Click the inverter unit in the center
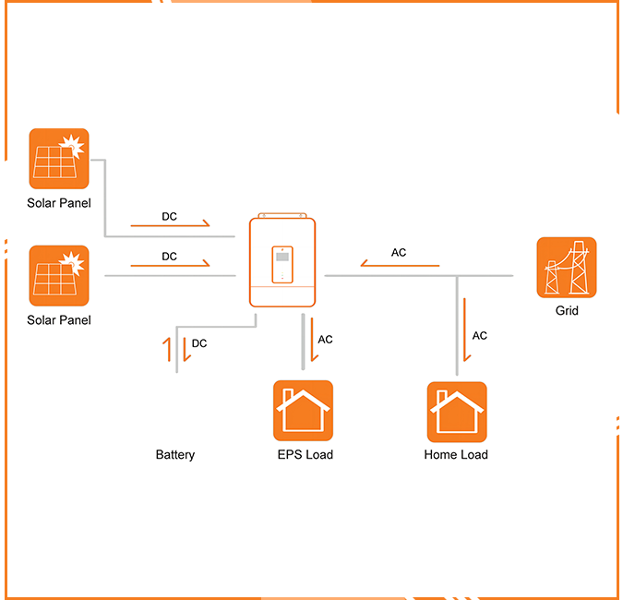(282, 261)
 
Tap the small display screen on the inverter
(282, 264)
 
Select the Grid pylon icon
(567, 268)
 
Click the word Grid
(567, 311)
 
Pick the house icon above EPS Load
(303, 411)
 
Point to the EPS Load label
(305, 454)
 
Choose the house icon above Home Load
(456, 412)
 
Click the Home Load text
(456, 454)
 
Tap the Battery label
(175, 454)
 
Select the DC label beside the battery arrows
(199, 343)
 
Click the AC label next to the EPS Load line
(325, 340)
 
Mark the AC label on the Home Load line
(480, 336)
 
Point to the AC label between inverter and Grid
(399, 253)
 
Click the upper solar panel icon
(59, 159)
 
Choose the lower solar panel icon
(59, 276)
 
